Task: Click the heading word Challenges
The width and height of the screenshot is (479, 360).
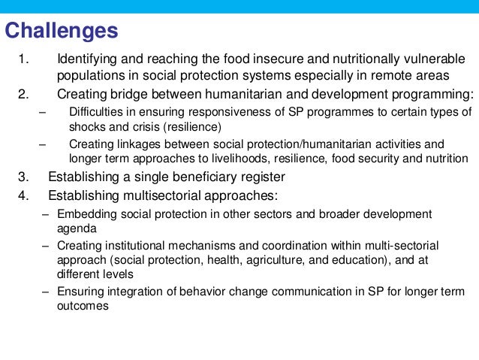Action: tap(62, 31)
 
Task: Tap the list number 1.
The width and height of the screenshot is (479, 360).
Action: tap(23, 59)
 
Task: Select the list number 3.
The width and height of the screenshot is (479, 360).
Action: tap(23, 177)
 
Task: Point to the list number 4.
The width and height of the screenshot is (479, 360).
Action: tap(23, 195)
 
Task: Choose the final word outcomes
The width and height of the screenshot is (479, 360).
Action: tap(83, 306)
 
